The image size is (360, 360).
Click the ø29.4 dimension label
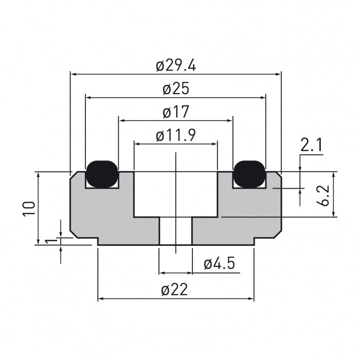pos(176,66)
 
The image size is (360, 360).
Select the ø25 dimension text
pos(176,89)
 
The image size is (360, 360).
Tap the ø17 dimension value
pos(176,112)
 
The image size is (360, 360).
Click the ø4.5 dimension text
pos(219,264)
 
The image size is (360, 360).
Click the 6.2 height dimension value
pos(325,195)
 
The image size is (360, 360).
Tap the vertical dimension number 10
pos(29,208)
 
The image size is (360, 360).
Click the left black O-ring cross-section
pos(102,173)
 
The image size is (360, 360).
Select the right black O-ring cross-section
pos(249,173)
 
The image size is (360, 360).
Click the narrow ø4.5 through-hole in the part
pos(175,230)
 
